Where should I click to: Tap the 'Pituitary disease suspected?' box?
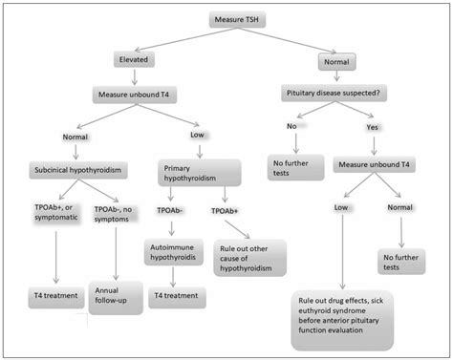(334, 94)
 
